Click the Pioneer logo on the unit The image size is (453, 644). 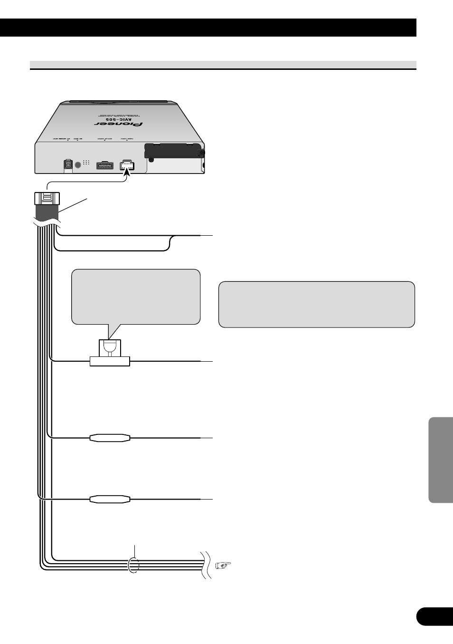[x=118, y=125]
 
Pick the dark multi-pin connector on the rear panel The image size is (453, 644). [x=105, y=165]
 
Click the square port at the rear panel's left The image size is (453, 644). [x=67, y=164]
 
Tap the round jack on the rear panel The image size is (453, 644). [x=78, y=164]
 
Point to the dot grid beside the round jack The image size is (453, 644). [x=86, y=163]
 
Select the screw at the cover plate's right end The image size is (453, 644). [x=202, y=153]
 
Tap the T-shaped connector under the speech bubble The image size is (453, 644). [x=110, y=355]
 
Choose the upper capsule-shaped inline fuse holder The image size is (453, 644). [x=110, y=438]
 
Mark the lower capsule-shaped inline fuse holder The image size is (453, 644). [x=110, y=499]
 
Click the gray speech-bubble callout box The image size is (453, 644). [x=136, y=297]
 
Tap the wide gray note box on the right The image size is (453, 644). [x=317, y=304]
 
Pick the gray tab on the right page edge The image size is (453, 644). [x=441, y=460]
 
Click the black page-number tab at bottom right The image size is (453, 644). [x=434, y=616]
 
